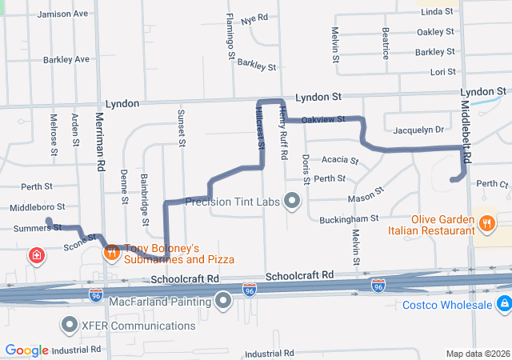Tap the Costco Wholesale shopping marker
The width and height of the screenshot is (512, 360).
(503, 305)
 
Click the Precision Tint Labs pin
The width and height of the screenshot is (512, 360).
(292, 201)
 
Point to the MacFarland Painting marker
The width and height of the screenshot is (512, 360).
(223, 300)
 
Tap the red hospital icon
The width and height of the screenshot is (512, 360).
(36, 256)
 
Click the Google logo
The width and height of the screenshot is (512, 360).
(26, 350)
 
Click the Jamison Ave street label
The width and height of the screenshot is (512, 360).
(62, 14)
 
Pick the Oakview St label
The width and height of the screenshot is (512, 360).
(324, 119)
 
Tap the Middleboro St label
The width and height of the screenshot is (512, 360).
(36, 207)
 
